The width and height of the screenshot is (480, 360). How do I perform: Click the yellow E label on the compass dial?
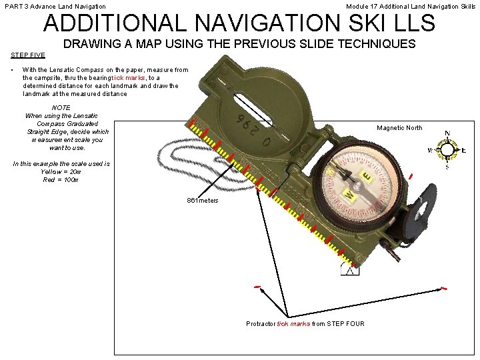(366, 176)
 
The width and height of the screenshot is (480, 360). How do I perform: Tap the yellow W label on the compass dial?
(348, 196)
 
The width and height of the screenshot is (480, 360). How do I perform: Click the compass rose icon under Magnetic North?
(447, 150)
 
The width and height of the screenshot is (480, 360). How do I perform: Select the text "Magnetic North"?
(399, 128)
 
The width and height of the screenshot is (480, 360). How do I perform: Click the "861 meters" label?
(203, 201)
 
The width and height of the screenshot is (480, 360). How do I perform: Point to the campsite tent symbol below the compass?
(350, 269)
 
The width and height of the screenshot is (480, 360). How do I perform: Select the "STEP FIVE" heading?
(28, 55)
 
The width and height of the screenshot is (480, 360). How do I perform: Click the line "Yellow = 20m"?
(61, 171)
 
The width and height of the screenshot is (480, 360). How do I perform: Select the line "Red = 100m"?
(61, 179)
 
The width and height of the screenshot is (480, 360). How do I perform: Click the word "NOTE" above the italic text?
(61, 107)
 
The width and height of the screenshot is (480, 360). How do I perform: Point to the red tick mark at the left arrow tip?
(257, 287)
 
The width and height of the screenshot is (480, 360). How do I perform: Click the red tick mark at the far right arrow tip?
(443, 288)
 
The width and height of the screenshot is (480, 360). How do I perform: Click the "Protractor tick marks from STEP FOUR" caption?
(305, 324)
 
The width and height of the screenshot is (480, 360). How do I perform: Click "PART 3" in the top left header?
(16, 6)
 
